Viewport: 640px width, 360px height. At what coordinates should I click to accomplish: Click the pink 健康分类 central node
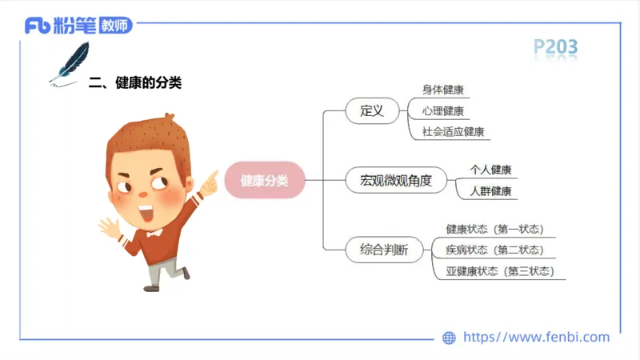pos(265,181)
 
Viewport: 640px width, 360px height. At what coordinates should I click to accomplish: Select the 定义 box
pos(373,110)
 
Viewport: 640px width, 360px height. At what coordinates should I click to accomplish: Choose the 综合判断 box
pos(378,250)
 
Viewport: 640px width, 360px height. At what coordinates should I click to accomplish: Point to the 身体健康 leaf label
pos(443,90)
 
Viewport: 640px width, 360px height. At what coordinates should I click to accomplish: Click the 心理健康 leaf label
pos(443,111)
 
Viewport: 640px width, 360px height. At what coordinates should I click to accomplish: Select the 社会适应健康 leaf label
pos(454,132)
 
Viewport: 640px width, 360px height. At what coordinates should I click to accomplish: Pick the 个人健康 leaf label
pos(490,170)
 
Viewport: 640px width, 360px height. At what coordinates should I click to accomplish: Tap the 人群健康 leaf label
pos(490,191)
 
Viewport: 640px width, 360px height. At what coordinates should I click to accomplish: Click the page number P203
pos(555,48)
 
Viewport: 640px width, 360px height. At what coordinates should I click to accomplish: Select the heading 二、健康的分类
pos(135,82)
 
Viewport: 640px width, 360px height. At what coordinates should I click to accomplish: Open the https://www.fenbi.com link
pos(536,337)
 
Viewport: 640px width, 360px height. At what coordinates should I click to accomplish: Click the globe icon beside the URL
pos(449,338)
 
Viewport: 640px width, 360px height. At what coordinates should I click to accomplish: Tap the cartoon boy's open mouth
pos(146,214)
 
